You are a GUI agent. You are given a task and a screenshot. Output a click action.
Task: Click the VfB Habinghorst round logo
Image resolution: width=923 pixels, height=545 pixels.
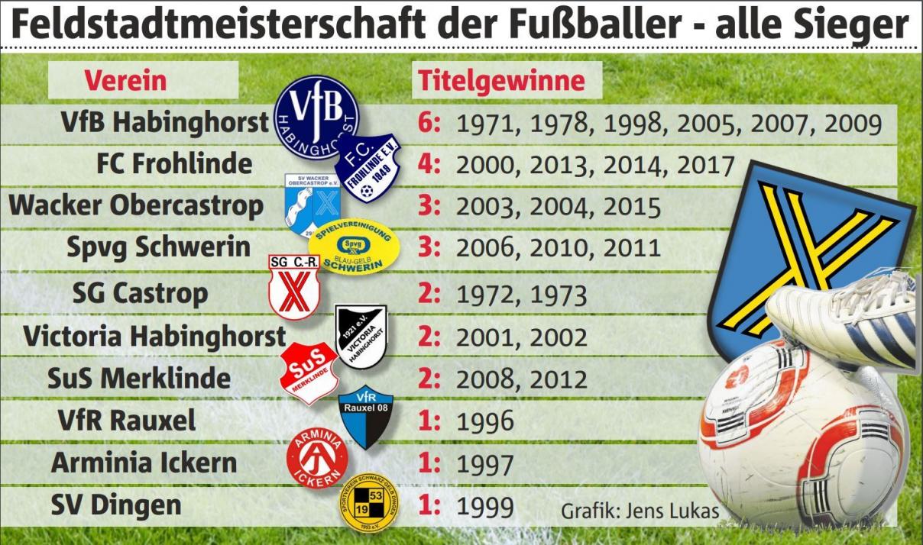click(x=316, y=115)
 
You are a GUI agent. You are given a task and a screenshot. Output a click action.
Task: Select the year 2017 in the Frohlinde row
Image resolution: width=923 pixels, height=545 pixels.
click(x=702, y=165)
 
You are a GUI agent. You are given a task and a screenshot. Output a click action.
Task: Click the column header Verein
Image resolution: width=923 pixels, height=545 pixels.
click(x=125, y=80)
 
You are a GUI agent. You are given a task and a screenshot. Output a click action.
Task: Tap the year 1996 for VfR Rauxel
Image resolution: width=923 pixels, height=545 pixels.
click(x=484, y=421)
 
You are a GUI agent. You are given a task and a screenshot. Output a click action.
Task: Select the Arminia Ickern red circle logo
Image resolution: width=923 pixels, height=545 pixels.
click(x=317, y=458)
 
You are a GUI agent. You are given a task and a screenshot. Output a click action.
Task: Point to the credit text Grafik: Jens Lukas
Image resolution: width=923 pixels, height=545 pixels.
click(x=640, y=511)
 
